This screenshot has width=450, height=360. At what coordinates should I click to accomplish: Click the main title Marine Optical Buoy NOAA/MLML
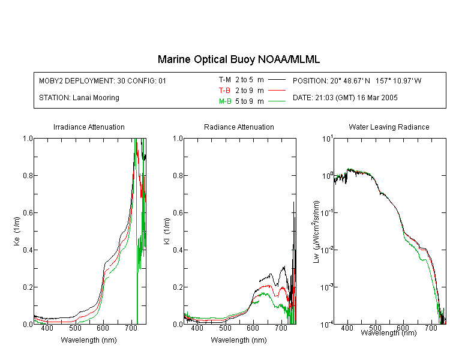[238, 59]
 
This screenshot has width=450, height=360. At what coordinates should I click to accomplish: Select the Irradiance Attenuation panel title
[89, 127]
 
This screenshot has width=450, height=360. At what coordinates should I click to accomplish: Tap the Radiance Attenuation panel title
[239, 127]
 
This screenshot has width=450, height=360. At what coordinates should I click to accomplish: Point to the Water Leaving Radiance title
[389, 127]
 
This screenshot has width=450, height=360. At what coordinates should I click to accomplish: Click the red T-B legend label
[224, 91]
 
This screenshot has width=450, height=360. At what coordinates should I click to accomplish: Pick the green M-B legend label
[225, 101]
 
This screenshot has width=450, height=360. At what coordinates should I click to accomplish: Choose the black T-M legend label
[225, 80]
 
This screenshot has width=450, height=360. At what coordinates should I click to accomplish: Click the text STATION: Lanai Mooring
[79, 98]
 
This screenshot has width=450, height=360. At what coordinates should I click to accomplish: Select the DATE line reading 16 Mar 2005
[345, 98]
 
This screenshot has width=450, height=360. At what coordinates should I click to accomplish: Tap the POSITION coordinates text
[357, 81]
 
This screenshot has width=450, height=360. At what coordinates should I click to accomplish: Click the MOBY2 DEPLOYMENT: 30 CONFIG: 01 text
[103, 81]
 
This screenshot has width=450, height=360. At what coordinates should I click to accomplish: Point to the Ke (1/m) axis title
[17, 232]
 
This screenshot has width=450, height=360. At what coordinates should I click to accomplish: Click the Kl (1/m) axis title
[167, 232]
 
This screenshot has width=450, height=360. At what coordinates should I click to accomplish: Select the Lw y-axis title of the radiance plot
[316, 232]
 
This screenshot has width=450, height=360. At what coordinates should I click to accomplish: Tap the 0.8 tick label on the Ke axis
[28, 175]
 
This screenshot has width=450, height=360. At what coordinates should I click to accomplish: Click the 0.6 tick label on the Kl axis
[178, 213]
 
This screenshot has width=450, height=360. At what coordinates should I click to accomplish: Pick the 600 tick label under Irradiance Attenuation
[103, 328]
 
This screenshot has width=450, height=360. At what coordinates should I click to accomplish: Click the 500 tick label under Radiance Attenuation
[225, 328]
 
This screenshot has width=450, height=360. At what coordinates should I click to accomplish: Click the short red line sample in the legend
[277, 91]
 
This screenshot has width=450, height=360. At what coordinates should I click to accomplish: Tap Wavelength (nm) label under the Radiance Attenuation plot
[239, 340]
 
